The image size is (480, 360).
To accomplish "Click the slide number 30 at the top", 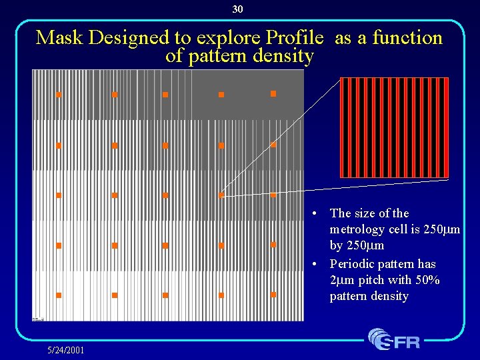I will pyautogui.click(x=238, y=9).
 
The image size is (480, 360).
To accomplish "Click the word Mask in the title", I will pyautogui.click(x=60, y=37).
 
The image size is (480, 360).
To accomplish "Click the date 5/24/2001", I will pyautogui.click(x=65, y=350).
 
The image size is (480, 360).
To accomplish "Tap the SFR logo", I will pyautogui.click(x=395, y=340).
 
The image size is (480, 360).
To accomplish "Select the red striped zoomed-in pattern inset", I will pyautogui.click(x=394, y=127).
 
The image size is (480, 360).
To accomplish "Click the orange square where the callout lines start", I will pyautogui.click(x=221, y=195).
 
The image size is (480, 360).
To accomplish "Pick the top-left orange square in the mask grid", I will pyautogui.click(x=59, y=95).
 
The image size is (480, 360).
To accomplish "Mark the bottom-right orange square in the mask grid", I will pyautogui.click(x=273, y=294).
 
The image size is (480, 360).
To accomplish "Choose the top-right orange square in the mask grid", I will pyautogui.click(x=273, y=94).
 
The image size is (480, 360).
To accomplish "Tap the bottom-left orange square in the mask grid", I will pyautogui.click(x=59, y=295).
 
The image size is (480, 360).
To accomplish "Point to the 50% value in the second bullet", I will pyautogui.click(x=426, y=280).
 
